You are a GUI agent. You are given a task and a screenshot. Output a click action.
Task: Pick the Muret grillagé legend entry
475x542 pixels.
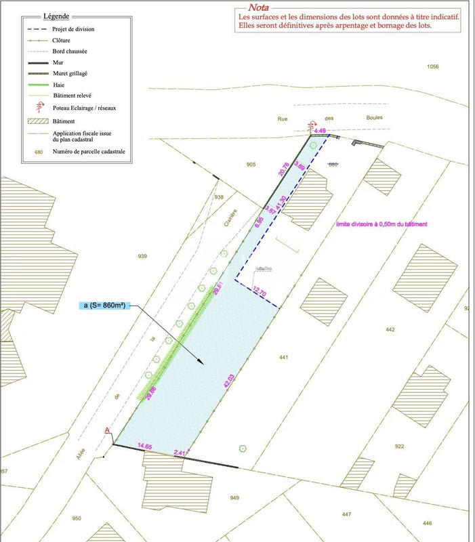click(x=71, y=73)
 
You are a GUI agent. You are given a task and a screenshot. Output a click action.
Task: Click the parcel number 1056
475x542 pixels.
click(x=433, y=66)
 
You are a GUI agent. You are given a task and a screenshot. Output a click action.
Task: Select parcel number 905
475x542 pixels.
click(x=251, y=165)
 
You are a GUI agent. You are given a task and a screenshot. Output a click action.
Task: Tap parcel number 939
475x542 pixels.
click(x=142, y=256)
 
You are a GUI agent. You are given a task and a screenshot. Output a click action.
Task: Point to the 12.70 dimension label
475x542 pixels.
click(x=261, y=291)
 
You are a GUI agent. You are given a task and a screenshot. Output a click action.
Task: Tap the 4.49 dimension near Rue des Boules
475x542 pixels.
click(x=321, y=131)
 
